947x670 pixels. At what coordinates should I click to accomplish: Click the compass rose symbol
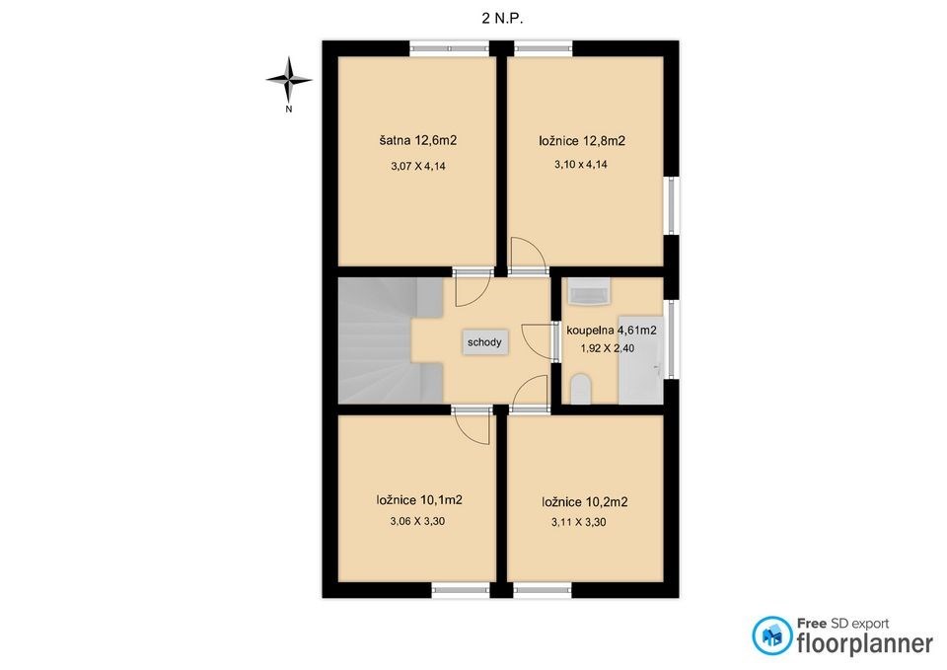click(289, 79)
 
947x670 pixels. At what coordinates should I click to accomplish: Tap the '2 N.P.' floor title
click(502, 19)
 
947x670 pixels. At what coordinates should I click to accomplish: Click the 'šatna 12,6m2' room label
click(418, 141)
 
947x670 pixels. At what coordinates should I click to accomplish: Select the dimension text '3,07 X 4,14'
click(418, 166)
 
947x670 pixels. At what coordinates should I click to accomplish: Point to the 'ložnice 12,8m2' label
click(582, 141)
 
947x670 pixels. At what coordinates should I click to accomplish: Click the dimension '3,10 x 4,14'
click(581, 165)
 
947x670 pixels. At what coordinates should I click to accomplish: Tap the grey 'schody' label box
click(484, 342)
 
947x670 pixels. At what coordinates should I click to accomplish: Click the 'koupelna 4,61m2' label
click(612, 331)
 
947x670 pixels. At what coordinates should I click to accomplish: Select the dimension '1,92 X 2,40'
click(608, 348)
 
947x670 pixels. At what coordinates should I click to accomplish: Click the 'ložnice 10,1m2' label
click(419, 500)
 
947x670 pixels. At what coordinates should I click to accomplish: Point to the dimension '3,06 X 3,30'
click(418, 521)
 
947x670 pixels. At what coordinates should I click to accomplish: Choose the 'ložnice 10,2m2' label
click(585, 502)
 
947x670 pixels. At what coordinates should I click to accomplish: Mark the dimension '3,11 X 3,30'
click(579, 523)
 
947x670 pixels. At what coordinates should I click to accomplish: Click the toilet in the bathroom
click(580, 390)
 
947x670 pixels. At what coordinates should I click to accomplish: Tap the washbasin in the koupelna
click(590, 293)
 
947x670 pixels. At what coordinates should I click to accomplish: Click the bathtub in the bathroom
click(641, 359)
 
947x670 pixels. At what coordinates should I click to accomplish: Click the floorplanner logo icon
click(771, 635)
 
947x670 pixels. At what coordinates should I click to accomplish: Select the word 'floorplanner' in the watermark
click(865, 642)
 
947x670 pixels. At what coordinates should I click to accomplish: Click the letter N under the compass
click(289, 110)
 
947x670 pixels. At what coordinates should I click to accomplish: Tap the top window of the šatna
click(450, 48)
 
